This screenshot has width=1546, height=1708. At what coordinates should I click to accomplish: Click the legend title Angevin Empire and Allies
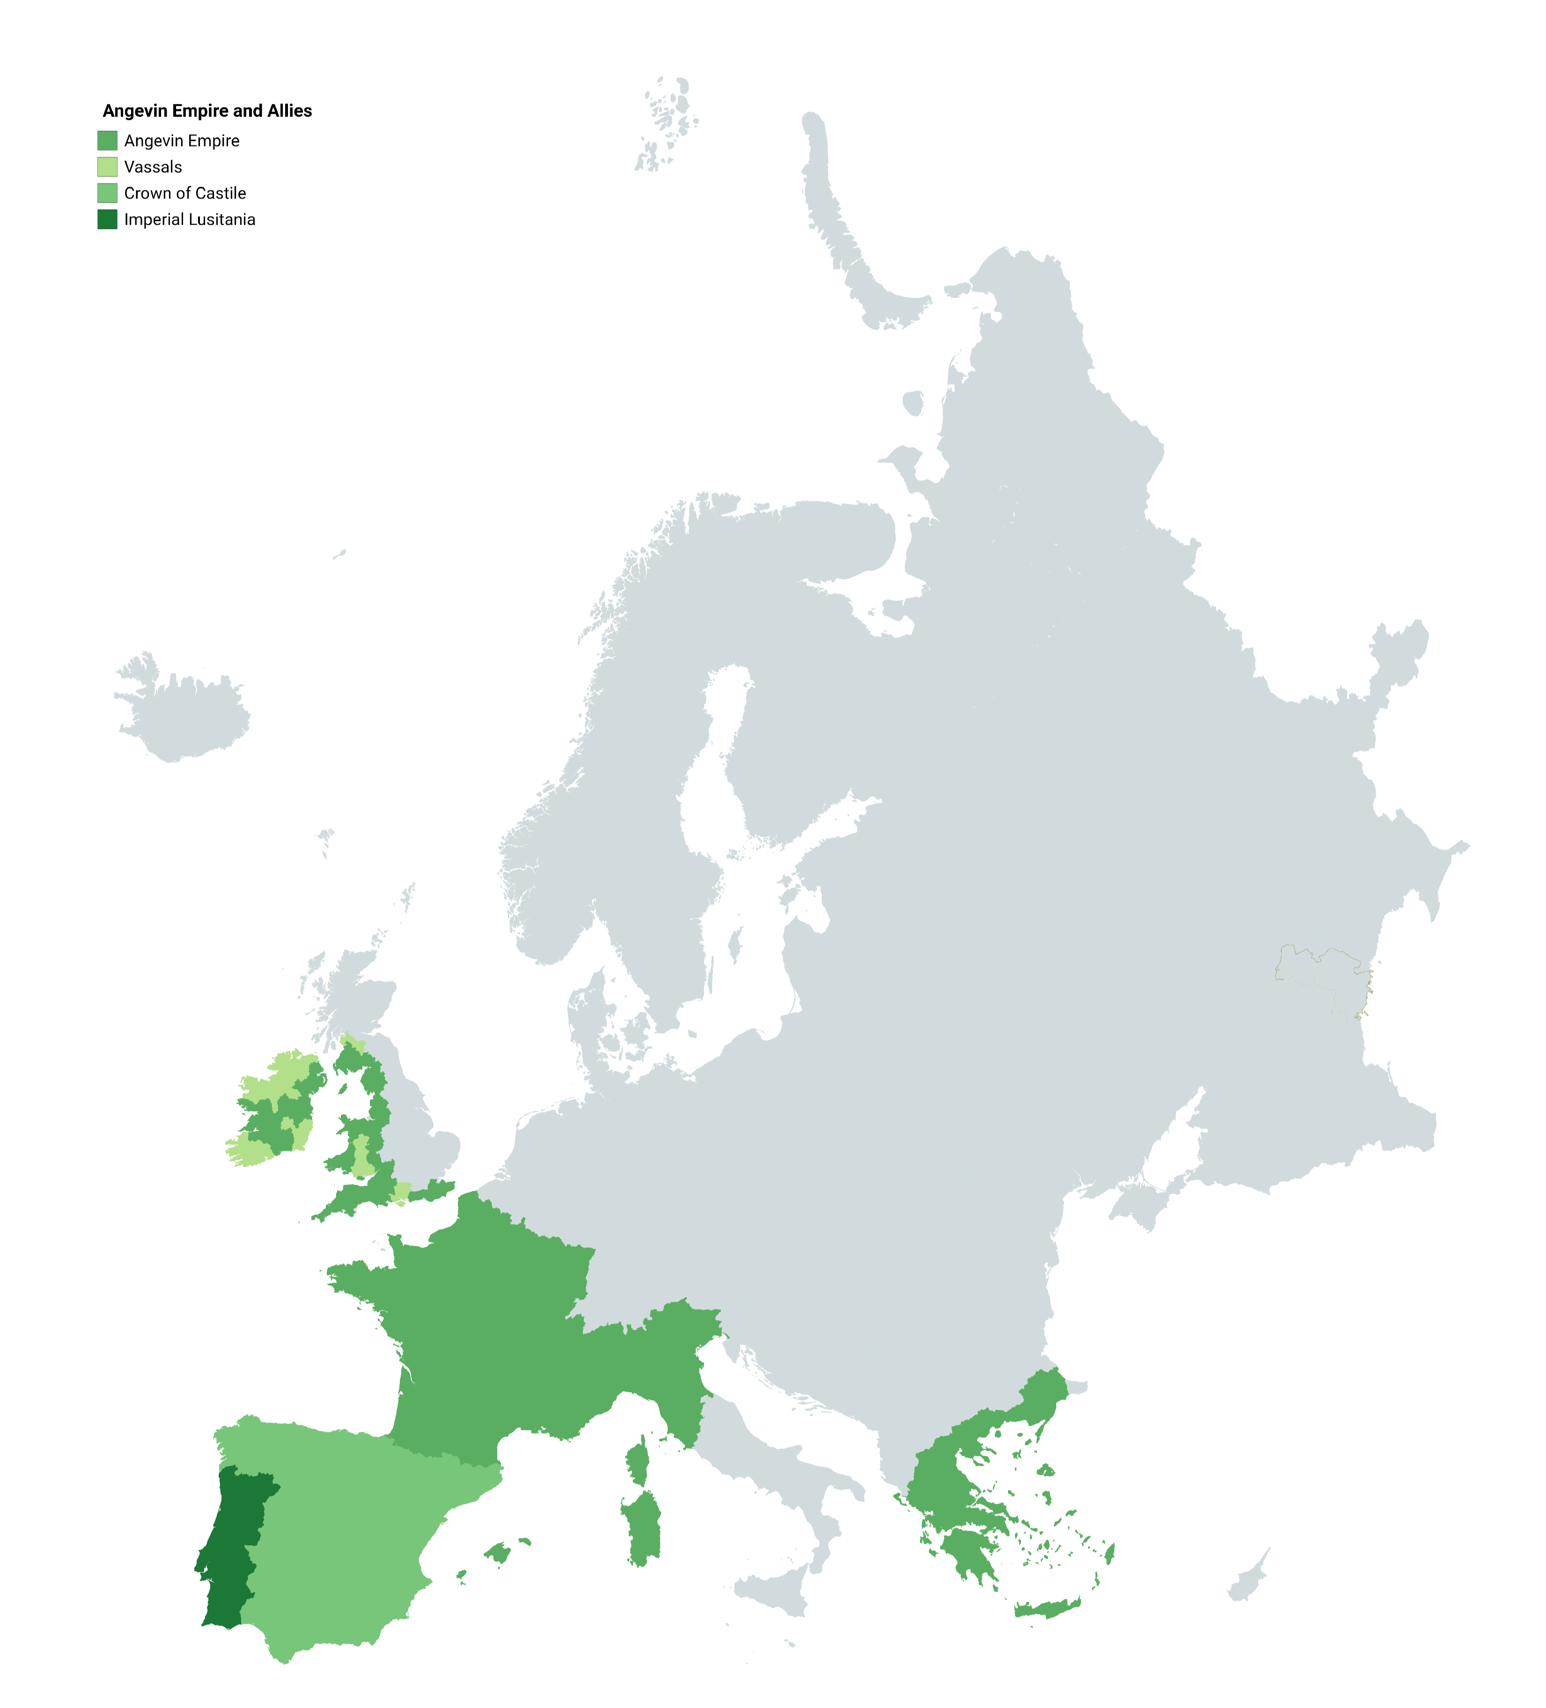[x=207, y=111]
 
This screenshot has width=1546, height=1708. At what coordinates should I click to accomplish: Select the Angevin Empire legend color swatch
[x=107, y=140]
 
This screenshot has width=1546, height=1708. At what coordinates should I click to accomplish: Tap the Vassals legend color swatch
[x=107, y=167]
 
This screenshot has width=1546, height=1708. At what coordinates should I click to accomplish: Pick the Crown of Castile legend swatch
[x=107, y=193]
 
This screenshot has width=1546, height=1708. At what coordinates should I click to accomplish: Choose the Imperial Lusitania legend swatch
[x=107, y=220]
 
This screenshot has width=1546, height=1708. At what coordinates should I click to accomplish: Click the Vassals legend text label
[x=153, y=167]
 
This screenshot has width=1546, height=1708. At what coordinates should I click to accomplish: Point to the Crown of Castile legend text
[x=185, y=193]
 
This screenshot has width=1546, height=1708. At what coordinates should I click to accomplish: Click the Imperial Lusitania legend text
[x=189, y=220]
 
